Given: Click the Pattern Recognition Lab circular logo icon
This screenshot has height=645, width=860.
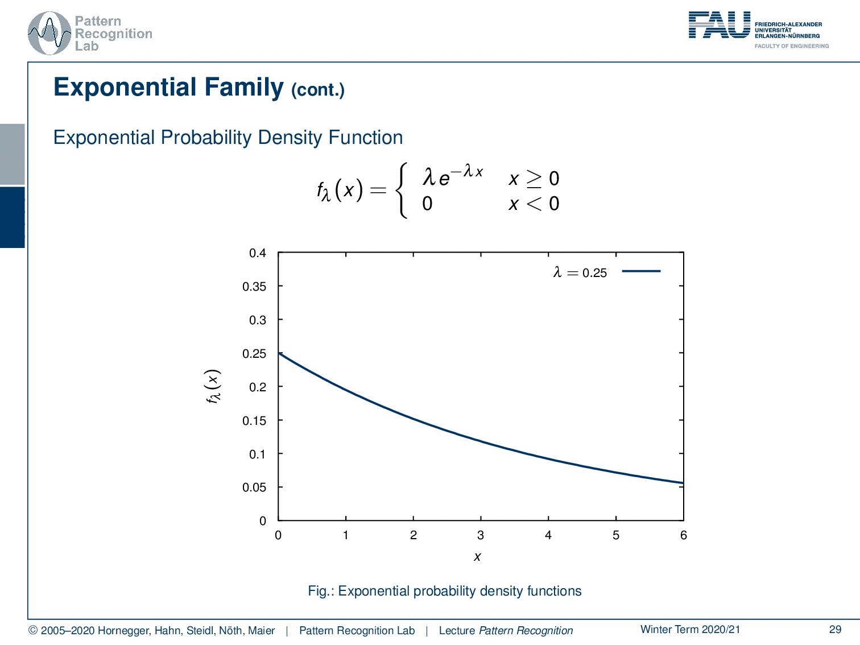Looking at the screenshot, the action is [49, 34].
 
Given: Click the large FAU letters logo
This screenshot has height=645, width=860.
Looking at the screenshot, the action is [720, 25].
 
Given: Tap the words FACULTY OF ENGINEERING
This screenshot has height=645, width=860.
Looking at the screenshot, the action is [791, 46].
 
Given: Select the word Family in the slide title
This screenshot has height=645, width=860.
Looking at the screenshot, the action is [244, 88].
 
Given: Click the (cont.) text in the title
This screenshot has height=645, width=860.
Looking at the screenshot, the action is [318, 90].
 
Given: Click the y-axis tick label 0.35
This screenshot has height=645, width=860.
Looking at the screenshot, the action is [254, 287].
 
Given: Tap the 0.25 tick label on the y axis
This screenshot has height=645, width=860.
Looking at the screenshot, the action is [254, 354].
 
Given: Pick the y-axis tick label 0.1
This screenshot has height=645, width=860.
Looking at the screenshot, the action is [258, 454].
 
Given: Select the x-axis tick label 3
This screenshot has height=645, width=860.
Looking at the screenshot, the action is [481, 535].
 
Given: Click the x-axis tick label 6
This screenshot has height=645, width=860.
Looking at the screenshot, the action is [683, 535].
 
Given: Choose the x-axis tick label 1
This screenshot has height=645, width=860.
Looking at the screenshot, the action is [346, 535].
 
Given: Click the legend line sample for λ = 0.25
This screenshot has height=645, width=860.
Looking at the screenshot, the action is [641, 271].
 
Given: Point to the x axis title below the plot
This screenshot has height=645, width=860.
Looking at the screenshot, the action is [477, 557].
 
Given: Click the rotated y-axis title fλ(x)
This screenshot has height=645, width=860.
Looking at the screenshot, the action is [213, 386].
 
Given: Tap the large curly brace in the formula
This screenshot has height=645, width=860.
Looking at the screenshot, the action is [402, 191].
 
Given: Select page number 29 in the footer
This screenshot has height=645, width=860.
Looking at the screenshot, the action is [835, 629].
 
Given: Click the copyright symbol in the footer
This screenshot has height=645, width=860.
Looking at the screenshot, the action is [33, 631].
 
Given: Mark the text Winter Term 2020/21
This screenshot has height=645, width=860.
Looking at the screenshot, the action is [691, 629].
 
